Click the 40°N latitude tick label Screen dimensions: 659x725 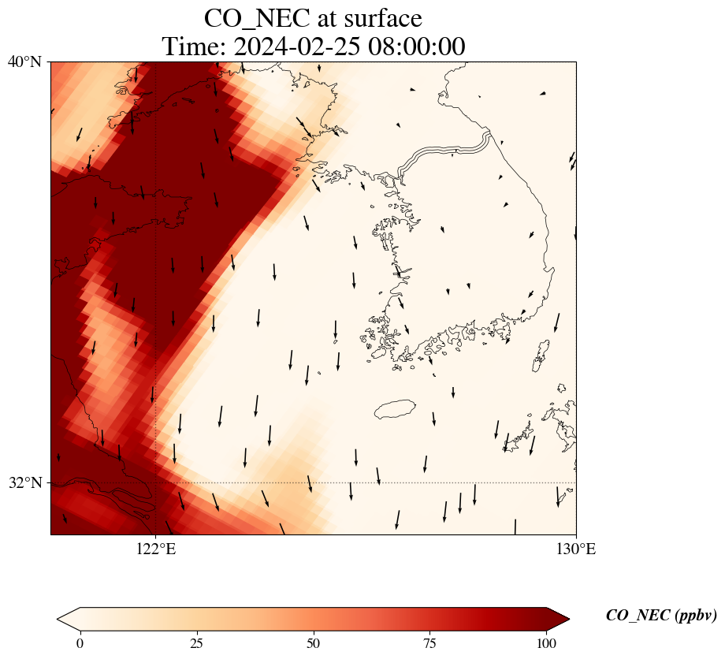(x=24, y=61)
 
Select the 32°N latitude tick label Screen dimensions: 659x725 (x=24, y=482)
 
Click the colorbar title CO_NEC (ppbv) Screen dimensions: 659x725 (x=660, y=616)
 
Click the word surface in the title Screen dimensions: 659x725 (x=380, y=17)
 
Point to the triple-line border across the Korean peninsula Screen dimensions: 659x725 (x=445, y=152)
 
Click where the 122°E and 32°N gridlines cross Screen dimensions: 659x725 (x=156, y=482)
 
